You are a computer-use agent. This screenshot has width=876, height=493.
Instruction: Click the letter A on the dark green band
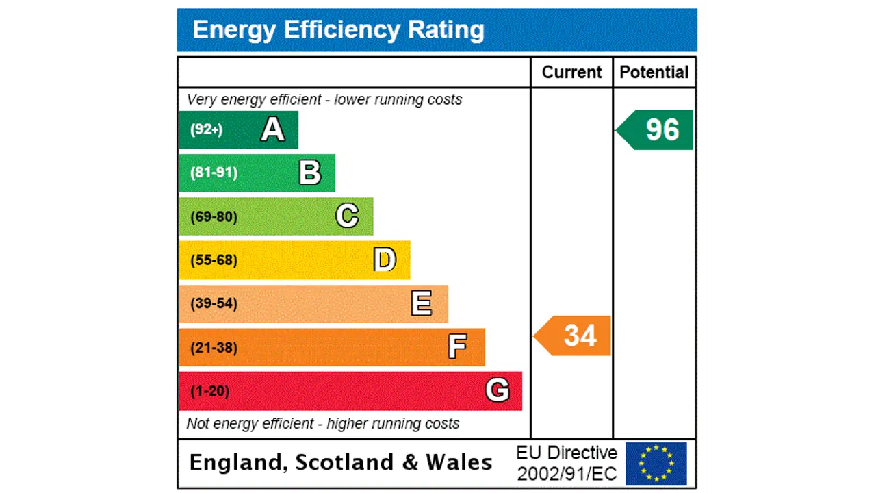[272, 129]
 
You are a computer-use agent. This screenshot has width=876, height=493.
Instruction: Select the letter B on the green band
[310, 173]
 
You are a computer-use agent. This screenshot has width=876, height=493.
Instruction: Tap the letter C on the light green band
[347, 216]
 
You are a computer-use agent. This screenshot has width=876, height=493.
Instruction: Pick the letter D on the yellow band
[385, 260]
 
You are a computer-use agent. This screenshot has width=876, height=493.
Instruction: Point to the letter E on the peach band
[422, 303]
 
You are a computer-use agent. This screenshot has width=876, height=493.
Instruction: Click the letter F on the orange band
[457, 347]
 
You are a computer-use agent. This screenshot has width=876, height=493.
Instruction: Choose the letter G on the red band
[497, 390]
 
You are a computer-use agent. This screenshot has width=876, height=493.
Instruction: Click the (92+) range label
[206, 129]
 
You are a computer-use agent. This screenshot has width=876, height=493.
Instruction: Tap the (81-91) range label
[214, 173]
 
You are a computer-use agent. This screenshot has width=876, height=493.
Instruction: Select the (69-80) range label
[214, 217]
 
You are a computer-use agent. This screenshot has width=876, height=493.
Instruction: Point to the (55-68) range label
[214, 260]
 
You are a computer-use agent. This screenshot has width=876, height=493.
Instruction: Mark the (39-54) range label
[214, 303]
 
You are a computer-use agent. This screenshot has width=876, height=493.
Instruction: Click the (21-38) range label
[214, 347]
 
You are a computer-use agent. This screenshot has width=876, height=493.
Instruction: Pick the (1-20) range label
[209, 391]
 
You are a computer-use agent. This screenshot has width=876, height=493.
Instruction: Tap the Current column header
[571, 73]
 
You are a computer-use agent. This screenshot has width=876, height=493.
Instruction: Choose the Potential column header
[654, 73]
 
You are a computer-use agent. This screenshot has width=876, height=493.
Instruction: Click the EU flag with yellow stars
[656, 464]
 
